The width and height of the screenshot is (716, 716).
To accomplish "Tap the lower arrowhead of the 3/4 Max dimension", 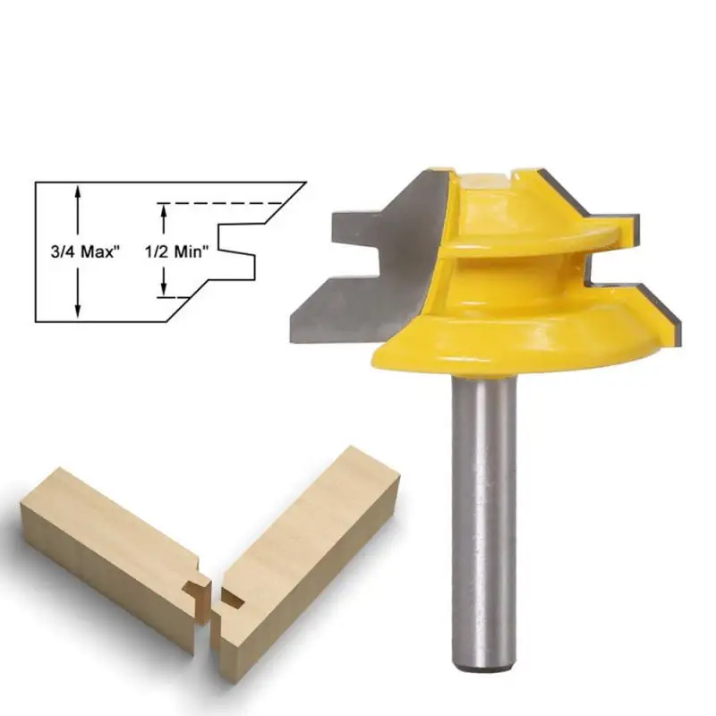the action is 78,311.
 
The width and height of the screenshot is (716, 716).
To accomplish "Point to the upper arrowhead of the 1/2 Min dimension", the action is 164,211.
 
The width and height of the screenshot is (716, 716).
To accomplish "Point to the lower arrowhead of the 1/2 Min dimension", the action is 164,289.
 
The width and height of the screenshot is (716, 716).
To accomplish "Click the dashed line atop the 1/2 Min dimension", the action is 219,203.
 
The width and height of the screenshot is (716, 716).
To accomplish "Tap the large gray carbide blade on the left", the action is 365,265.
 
